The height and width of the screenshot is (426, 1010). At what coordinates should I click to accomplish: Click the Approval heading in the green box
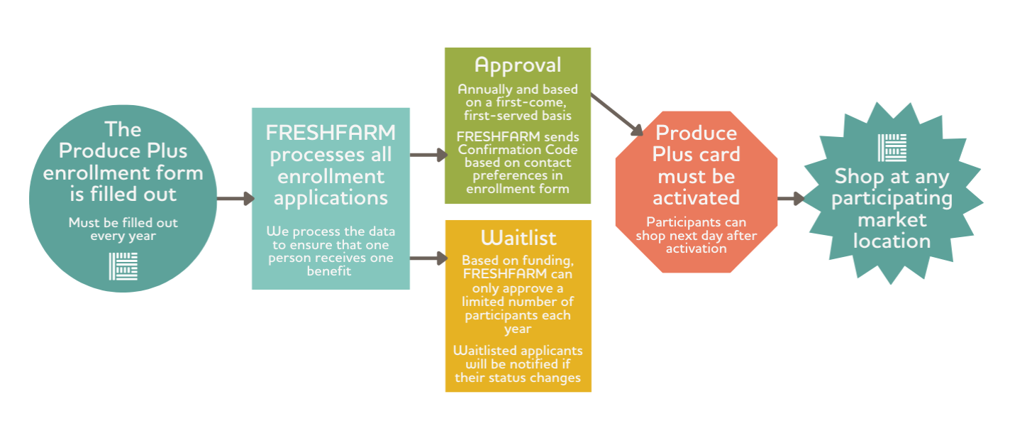pyautogui.click(x=518, y=66)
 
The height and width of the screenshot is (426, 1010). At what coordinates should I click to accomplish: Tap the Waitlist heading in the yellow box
pyautogui.click(x=518, y=238)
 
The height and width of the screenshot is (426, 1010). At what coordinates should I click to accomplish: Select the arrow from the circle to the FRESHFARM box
pyautogui.click(x=235, y=198)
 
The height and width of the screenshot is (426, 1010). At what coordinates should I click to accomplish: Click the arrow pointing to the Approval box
pyautogui.click(x=429, y=155)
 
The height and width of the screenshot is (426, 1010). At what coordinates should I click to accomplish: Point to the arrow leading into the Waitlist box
pyautogui.click(x=429, y=258)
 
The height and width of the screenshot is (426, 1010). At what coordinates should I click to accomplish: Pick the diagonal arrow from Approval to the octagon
pyautogui.click(x=617, y=114)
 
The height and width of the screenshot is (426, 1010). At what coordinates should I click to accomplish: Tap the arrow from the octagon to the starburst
pyautogui.click(x=791, y=198)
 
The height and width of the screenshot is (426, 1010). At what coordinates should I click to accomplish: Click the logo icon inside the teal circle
pyautogui.click(x=123, y=266)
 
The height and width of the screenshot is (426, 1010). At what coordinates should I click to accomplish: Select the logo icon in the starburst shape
pyautogui.click(x=892, y=148)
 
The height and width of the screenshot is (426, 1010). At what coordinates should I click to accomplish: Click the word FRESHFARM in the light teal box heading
pyautogui.click(x=331, y=133)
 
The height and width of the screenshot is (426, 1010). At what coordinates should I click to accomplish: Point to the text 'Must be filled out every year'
pyautogui.click(x=123, y=229)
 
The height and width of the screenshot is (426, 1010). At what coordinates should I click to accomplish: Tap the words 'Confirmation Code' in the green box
pyautogui.click(x=518, y=149)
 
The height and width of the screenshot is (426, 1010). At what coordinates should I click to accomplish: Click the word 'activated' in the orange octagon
pyautogui.click(x=697, y=197)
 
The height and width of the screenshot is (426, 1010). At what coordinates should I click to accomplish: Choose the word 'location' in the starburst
pyautogui.click(x=892, y=241)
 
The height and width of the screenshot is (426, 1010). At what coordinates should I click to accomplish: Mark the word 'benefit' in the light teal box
pyautogui.click(x=329, y=271)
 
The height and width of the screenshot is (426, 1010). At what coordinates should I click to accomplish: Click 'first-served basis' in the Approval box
pyautogui.click(x=518, y=116)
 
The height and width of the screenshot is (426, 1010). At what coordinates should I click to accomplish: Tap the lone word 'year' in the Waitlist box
pyautogui.click(x=518, y=329)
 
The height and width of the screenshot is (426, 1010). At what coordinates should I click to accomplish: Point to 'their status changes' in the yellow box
pyautogui.click(x=518, y=378)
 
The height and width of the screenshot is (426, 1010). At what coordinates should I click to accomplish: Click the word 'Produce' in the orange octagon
pyautogui.click(x=697, y=133)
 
